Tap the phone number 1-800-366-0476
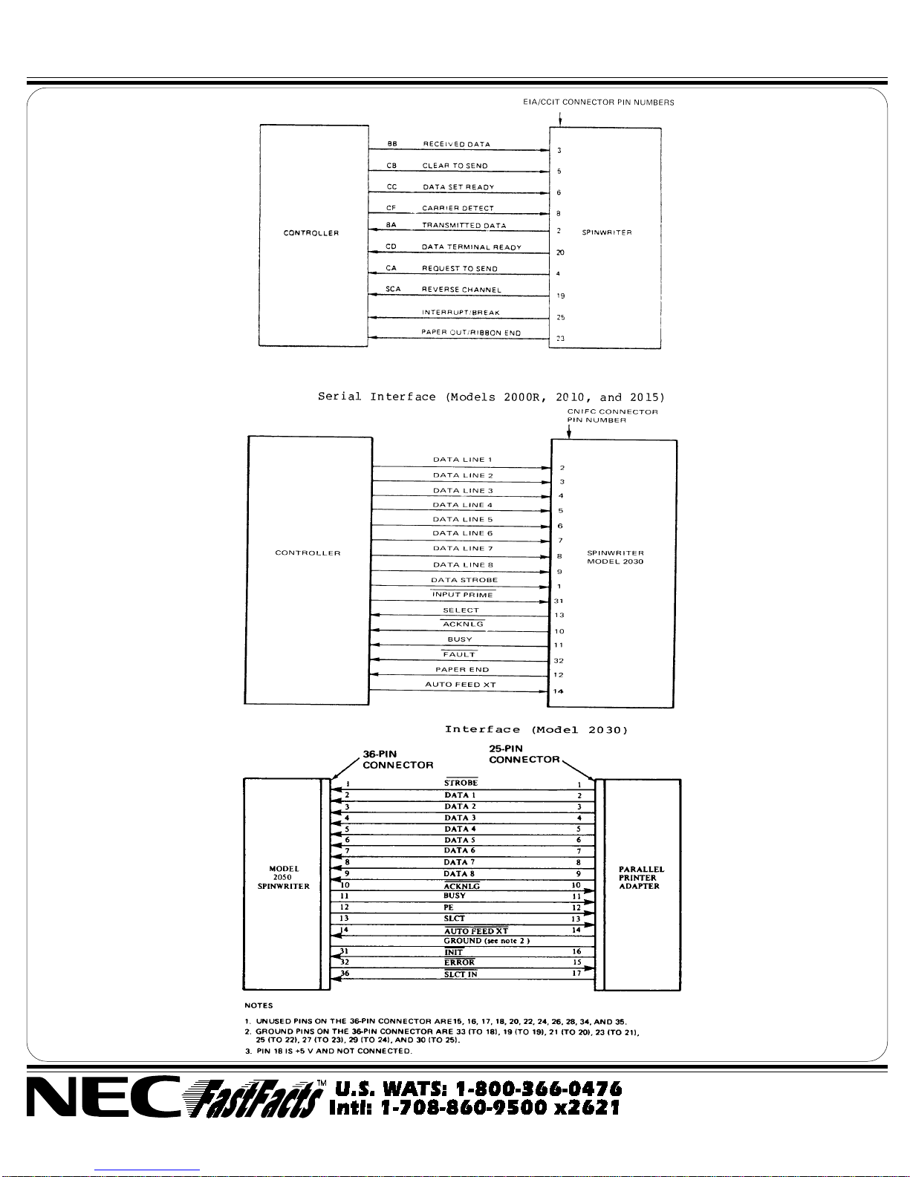coord(478,1089)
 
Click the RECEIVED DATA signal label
coord(456,144)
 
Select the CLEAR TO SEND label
coord(455,166)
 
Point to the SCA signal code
coord(393,290)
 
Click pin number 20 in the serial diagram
coord(560,252)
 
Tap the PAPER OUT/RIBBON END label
coord(471,333)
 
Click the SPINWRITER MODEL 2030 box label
coord(615,557)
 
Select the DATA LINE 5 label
coord(463,519)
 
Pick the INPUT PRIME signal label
coord(463,595)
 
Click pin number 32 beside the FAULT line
coord(559,660)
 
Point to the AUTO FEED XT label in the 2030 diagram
coord(460,685)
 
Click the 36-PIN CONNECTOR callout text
coord(397,760)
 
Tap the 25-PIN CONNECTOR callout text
coord(524,754)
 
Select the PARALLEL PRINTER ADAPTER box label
coord(641,877)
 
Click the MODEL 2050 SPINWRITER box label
coord(284,877)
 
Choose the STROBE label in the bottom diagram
coord(461,783)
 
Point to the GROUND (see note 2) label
coord(487,941)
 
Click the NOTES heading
coord(259,1005)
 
